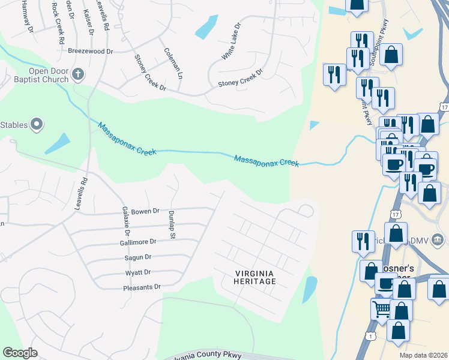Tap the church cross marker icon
point(77,74)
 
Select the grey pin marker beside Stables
point(37,125)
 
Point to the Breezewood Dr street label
point(91,52)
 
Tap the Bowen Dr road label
point(145,211)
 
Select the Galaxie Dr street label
point(127,221)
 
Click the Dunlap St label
point(171,225)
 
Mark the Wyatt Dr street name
point(138,272)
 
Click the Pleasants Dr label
point(142,287)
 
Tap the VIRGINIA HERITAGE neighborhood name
point(255,277)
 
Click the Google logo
point(20,353)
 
